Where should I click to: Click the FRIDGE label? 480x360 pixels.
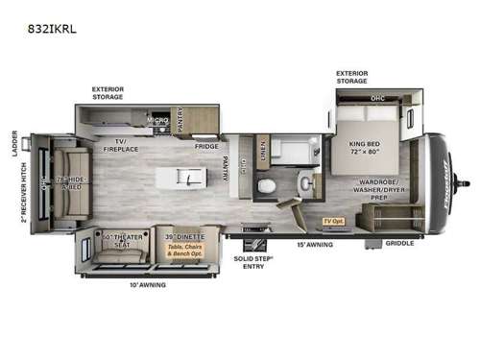coord(206,146)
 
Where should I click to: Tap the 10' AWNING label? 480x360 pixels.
coord(147,284)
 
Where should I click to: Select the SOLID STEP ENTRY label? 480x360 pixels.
coord(252,262)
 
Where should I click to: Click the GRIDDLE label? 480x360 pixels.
coord(400,243)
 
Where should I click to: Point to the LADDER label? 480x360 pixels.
coord(14,140)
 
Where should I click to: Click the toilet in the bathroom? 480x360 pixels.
coord(270,184)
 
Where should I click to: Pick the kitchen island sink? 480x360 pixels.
coord(192,179)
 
